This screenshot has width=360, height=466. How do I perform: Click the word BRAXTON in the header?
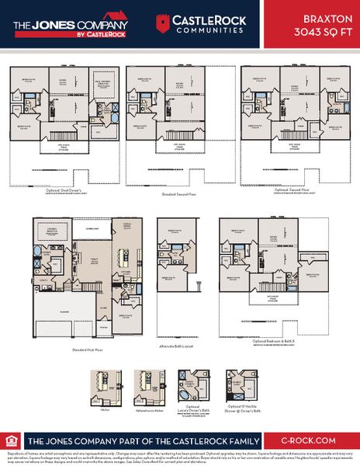(324, 16)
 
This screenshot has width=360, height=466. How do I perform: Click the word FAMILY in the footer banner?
(250, 439)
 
